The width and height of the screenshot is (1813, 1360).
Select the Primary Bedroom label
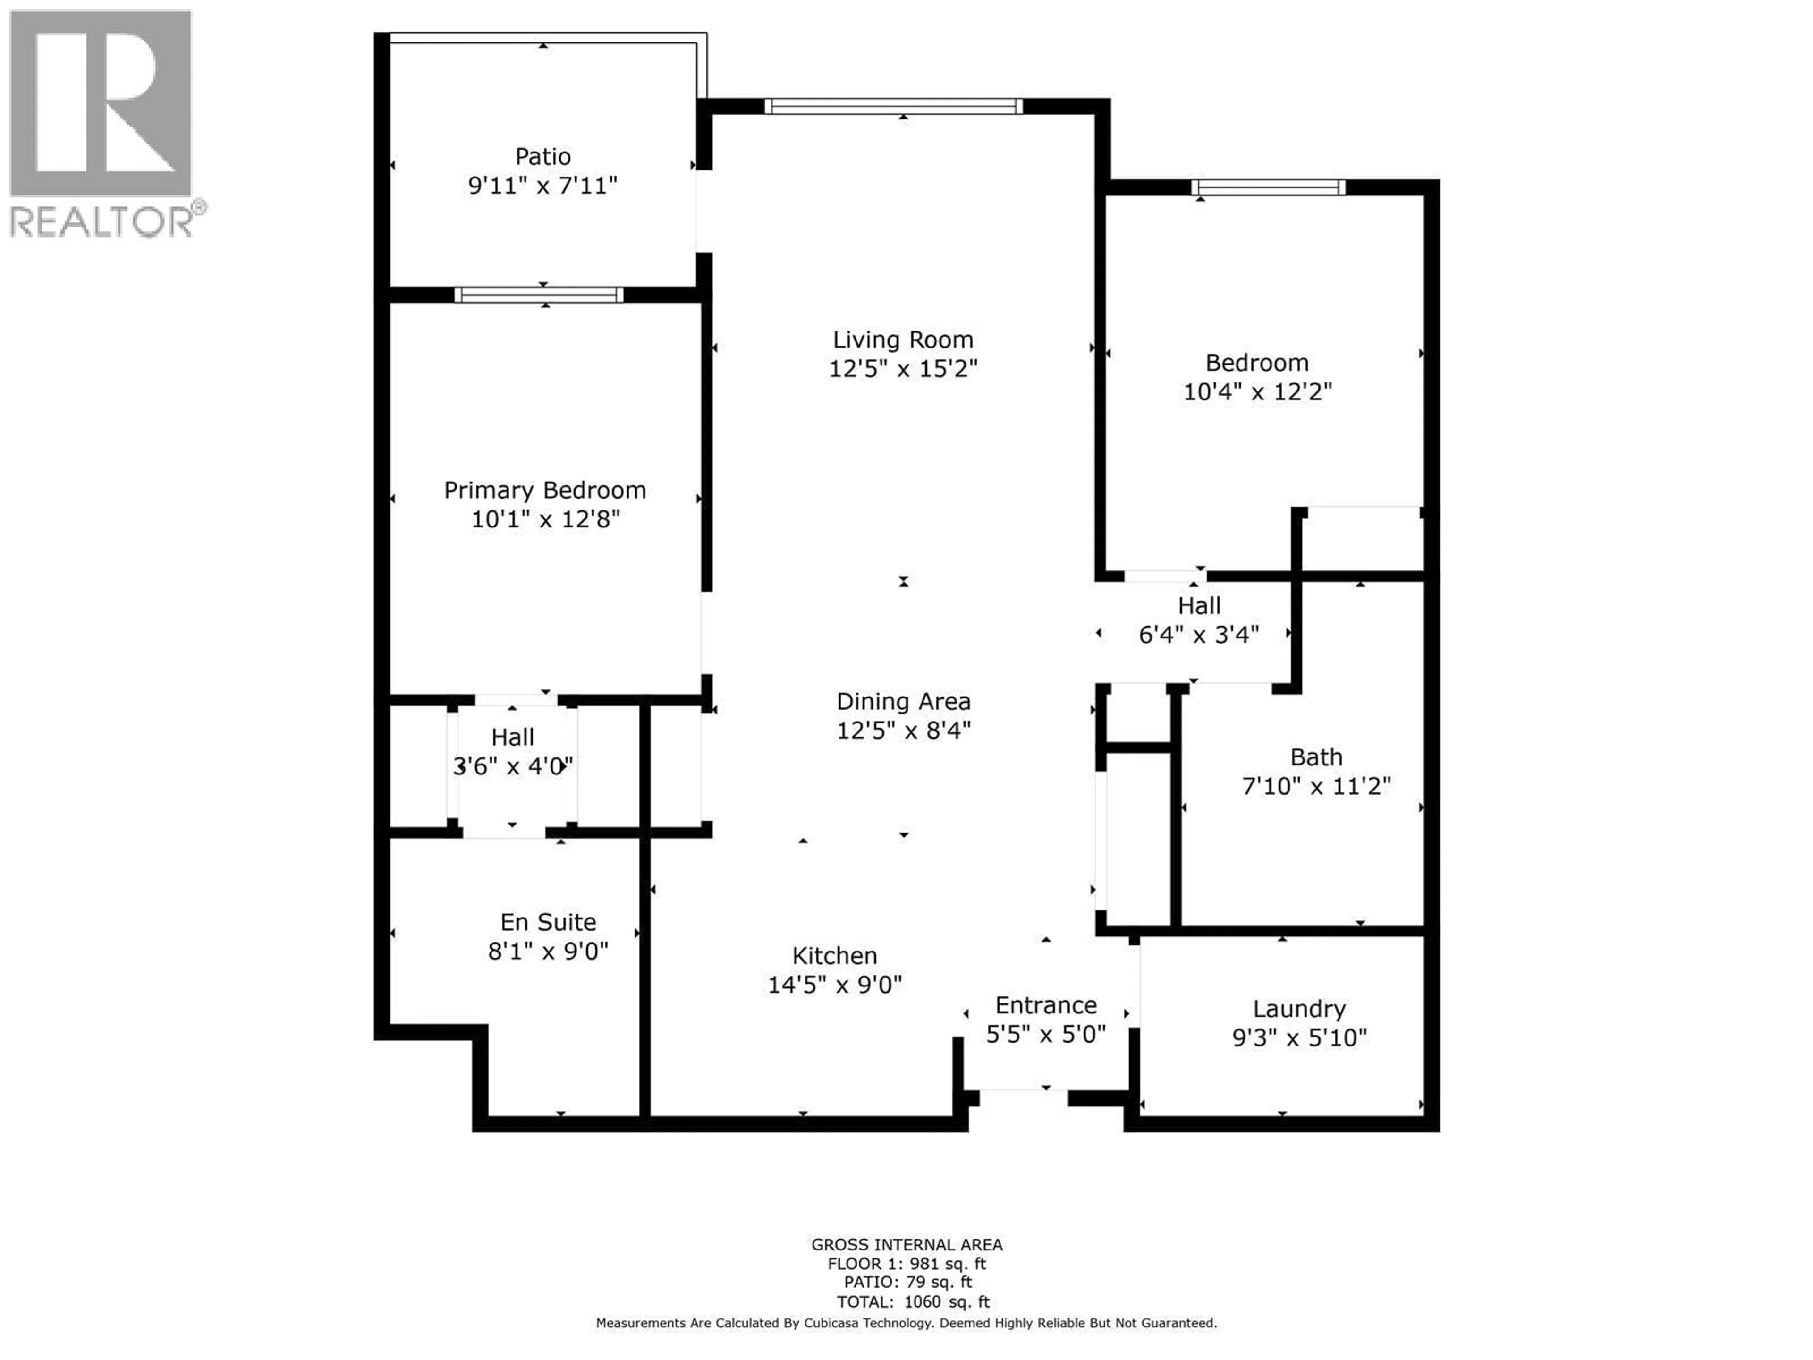point(544,490)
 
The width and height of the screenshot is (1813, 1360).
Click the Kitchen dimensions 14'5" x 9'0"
point(834,985)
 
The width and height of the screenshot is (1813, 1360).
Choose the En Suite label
point(548,922)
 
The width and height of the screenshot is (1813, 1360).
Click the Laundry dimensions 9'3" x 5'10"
point(1299,1038)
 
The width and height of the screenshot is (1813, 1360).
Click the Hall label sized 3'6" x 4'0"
point(512,737)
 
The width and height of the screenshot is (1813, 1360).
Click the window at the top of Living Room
point(893,106)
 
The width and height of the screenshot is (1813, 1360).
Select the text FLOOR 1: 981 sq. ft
point(906,1264)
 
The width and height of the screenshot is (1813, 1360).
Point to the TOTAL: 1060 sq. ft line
point(912,1302)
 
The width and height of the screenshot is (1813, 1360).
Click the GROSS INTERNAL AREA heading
point(906,1244)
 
